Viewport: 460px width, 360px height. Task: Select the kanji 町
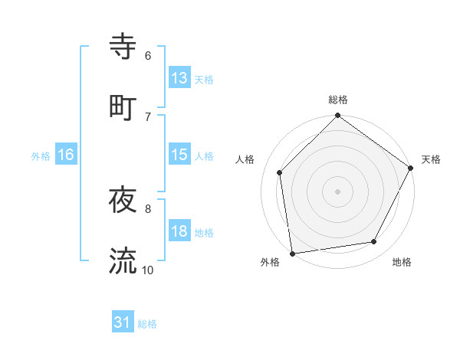[123, 106]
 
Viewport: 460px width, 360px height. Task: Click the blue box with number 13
[179, 77]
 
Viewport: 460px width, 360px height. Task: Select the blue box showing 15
[179, 155]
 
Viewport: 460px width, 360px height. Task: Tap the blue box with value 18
[179, 231]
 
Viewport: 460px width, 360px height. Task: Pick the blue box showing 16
[66, 155]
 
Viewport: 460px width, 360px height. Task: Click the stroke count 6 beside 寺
[147, 56]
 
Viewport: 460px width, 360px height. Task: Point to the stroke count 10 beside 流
[147, 270]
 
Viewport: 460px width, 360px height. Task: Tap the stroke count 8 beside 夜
[147, 208]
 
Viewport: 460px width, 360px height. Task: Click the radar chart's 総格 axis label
[338, 100]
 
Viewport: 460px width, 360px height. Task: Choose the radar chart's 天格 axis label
[431, 159]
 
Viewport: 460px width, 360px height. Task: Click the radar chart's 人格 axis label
[245, 159]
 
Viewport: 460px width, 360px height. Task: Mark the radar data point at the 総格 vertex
[338, 116]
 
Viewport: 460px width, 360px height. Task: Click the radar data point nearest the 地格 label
[374, 241]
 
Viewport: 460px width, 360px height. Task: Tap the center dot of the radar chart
[338, 191]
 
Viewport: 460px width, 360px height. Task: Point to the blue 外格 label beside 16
[41, 155]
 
